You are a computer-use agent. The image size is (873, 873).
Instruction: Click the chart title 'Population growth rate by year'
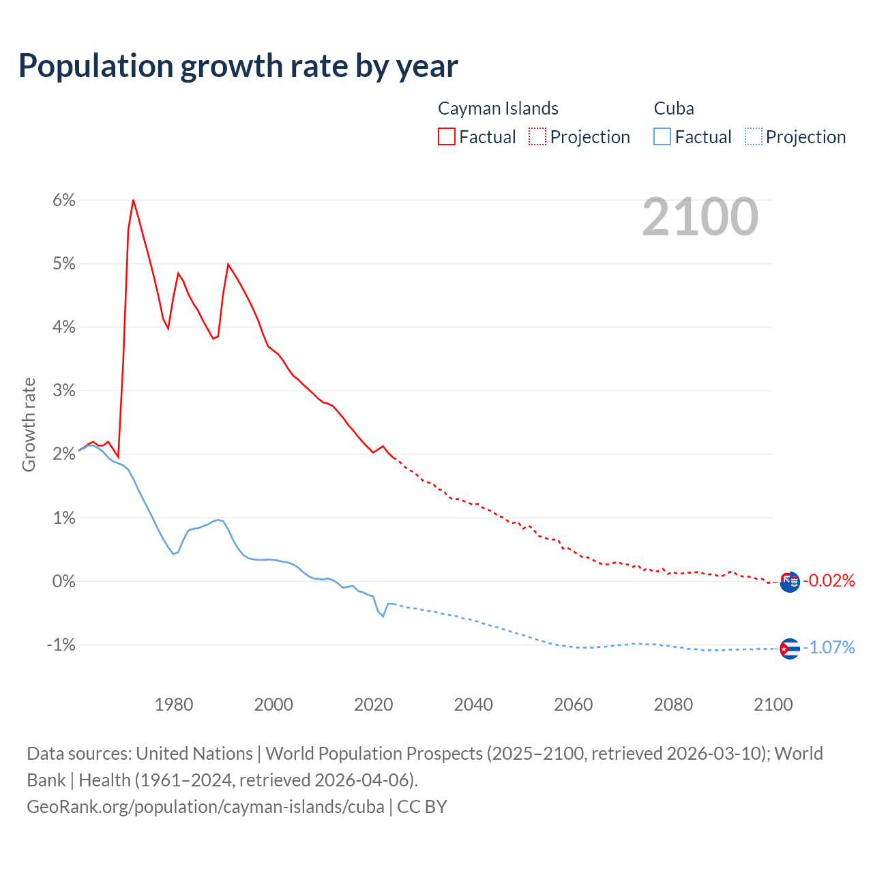tap(238, 66)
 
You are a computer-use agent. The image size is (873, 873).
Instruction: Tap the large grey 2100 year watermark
tap(700, 217)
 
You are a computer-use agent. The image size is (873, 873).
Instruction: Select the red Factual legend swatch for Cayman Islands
tap(447, 136)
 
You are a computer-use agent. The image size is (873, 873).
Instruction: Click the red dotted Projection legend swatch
tap(537, 136)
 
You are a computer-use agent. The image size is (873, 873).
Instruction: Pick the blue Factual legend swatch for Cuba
tap(662, 136)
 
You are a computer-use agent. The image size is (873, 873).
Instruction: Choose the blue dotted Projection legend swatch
tap(753, 136)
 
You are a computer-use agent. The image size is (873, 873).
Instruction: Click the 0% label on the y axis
tap(63, 581)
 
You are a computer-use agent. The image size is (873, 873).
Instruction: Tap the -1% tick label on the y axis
tap(61, 645)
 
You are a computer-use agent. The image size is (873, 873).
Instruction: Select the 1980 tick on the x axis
tap(174, 705)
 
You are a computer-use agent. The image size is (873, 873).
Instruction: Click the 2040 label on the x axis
tap(473, 705)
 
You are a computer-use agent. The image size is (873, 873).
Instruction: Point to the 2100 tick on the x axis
tap(773, 705)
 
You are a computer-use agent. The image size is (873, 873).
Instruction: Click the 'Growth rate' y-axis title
tap(29, 424)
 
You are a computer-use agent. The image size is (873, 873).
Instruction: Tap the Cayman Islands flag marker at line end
tap(789, 582)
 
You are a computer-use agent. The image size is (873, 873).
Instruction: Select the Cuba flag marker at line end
tap(789, 648)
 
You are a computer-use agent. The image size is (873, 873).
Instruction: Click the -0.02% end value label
tap(829, 580)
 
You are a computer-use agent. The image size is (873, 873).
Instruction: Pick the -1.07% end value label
tap(829, 647)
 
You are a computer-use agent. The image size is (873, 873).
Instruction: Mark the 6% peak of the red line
tap(133, 200)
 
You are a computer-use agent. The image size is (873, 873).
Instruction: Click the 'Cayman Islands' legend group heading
tap(498, 108)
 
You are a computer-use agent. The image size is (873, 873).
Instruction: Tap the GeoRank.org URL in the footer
tap(205, 806)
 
